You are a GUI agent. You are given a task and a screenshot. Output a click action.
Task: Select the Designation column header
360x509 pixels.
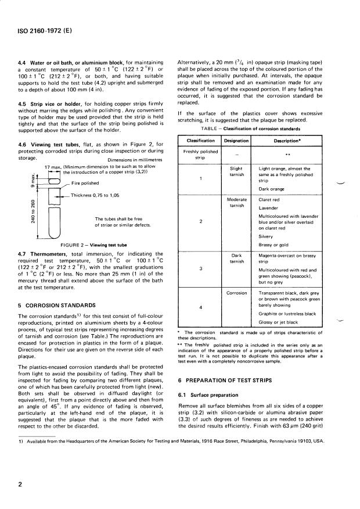click(x=236, y=141)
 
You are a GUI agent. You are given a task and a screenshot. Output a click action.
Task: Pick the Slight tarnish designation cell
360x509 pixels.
click(x=236, y=171)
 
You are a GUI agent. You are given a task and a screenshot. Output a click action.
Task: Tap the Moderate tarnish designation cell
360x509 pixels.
click(x=236, y=202)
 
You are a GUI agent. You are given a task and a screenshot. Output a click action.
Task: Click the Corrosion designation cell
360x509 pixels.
click(x=236, y=293)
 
